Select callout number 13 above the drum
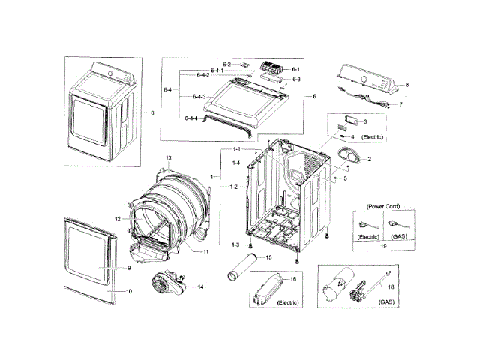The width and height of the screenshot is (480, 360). point(169,157)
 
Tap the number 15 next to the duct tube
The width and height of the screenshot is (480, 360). point(269,258)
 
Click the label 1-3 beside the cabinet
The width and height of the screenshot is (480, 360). point(235,245)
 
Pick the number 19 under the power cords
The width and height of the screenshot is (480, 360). point(384,244)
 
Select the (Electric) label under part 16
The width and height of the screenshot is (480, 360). point(288,302)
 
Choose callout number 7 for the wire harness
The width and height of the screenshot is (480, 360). point(400,104)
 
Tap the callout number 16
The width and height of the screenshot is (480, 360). point(293,278)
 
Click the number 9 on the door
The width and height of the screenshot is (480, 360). point(128,268)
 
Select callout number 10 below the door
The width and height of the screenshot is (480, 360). point(128,290)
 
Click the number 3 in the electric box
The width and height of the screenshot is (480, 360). point(365,121)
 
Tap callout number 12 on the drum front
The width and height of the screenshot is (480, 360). point(118,218)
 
